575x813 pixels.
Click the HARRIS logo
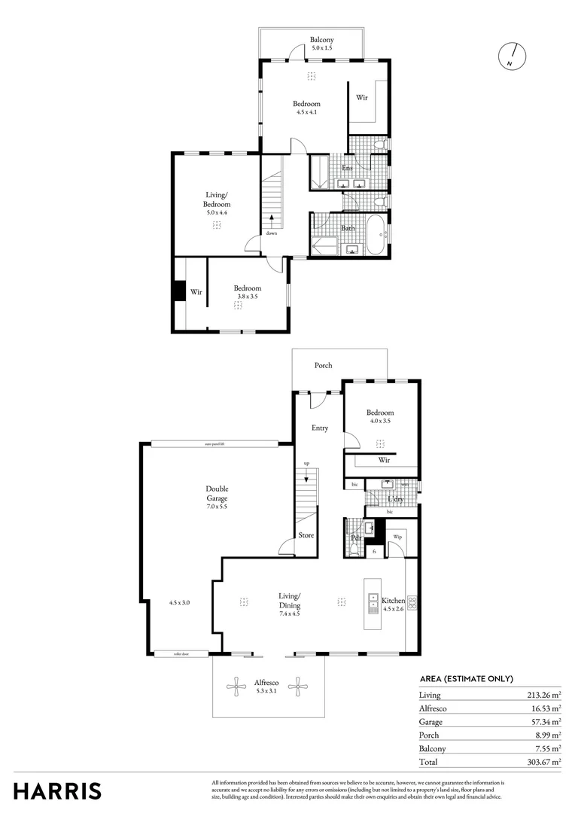[57, 790]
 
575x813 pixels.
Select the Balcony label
[321, 40]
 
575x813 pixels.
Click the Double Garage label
[217, 493]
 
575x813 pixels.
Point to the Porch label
[323, 365]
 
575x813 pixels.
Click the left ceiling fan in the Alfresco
[238, 685]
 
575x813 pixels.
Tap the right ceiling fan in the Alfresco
[299, 685]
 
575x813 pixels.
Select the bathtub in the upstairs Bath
[375, 235]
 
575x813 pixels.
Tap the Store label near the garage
[306, 535]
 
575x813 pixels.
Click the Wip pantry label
[397, 537]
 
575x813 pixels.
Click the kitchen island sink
[373, 601]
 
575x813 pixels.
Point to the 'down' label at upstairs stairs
[271, 233]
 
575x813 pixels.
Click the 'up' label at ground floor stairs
[306, 463]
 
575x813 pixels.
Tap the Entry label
[320, 428]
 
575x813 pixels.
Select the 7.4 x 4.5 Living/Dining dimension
[290, 614]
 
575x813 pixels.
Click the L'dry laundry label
[394, 499]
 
